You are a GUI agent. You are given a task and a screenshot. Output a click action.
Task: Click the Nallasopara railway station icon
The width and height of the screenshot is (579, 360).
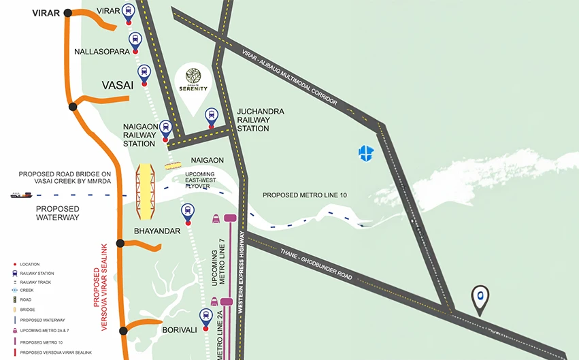coord(135,40)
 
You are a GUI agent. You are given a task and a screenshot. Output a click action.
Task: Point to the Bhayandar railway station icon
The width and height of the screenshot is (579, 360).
coord(187,212)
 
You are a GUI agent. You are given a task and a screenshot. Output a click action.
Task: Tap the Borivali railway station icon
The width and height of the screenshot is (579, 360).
coord(206,316)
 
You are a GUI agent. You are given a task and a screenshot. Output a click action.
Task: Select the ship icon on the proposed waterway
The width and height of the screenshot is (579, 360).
coord(20,195)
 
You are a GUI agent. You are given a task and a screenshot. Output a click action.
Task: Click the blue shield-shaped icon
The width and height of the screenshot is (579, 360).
coord(366,154)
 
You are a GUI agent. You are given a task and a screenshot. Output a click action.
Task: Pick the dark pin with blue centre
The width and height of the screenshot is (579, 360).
coord(480,298)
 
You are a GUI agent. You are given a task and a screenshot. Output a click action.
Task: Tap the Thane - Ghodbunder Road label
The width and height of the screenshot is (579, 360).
coord(316,264)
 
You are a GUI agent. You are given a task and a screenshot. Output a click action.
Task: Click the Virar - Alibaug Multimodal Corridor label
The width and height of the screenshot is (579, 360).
coord(289,76)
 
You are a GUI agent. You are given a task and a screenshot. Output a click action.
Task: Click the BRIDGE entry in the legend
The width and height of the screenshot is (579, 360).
coord(29,310)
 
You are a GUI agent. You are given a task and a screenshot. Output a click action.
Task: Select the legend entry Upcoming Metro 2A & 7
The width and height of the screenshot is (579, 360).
coord(44,330)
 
